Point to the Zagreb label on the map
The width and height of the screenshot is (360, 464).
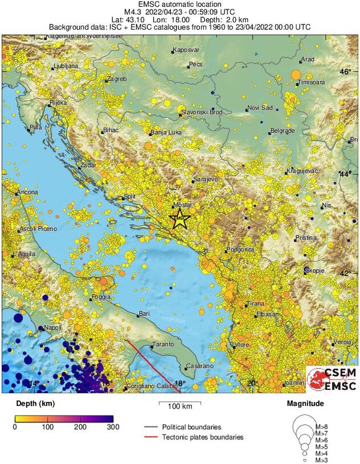tap(117, 79)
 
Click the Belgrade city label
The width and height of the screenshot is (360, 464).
tap(283, 131)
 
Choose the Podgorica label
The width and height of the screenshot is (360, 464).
tap(240, 250)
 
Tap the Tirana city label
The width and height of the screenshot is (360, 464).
tap(255, 304)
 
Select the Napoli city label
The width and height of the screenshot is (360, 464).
tap(52, 328)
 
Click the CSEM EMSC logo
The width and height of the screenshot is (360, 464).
tap(332, 379)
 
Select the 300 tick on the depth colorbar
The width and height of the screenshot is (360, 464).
tap(113, 426)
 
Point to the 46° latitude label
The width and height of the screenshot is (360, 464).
tap(346, 71)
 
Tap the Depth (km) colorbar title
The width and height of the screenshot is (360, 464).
tap(35, 404)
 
